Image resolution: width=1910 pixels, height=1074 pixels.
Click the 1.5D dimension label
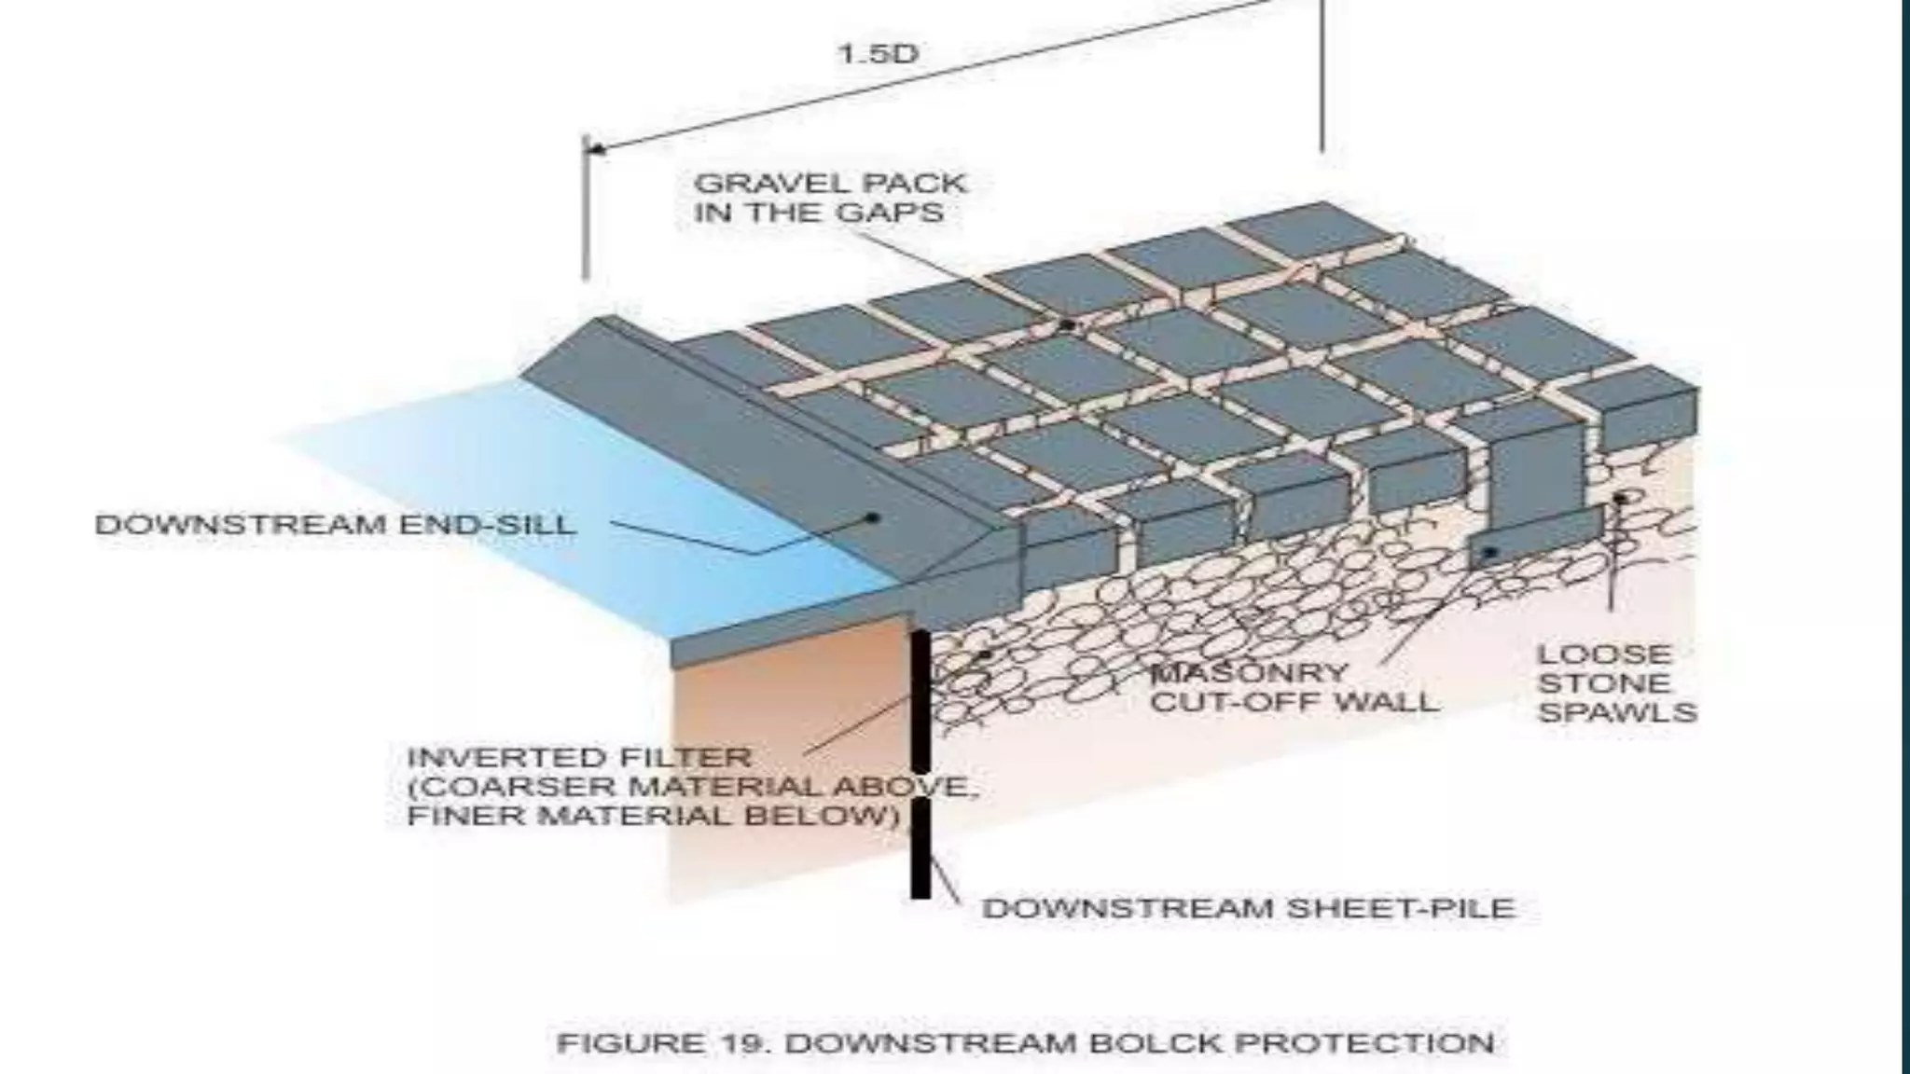878,53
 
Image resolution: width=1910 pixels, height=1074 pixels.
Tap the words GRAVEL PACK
830,183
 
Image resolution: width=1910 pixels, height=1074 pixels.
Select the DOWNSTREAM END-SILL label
336,525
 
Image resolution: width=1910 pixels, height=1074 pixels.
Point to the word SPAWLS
1617,713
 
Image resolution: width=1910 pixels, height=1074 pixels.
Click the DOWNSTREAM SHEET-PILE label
1248,907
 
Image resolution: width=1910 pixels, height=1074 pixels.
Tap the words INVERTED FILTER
579,757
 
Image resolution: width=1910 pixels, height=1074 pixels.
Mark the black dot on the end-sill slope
873,517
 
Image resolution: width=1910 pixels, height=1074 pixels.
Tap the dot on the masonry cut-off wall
1490,553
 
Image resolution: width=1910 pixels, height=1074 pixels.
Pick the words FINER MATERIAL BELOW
653,816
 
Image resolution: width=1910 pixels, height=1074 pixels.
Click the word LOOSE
1603,654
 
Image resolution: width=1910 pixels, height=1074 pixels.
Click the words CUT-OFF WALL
1294,701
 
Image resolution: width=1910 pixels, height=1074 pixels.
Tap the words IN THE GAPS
819,213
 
